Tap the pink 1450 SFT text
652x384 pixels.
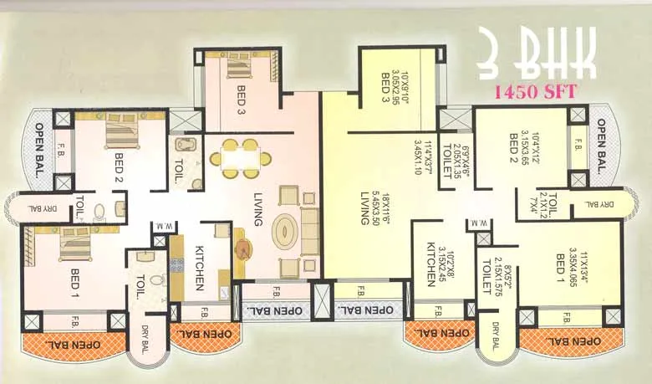537,92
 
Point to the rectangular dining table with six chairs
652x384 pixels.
239,157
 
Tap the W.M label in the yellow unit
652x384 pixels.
480,223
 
